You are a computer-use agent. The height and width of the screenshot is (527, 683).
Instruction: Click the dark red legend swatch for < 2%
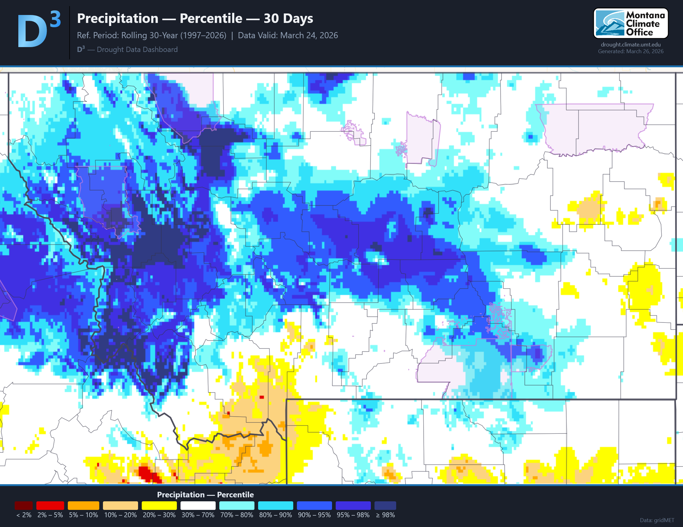[24, 505]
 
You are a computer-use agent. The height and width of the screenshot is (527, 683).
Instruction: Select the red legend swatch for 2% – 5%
[50, 505]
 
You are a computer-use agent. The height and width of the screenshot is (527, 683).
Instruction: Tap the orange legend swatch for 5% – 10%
[83, 505]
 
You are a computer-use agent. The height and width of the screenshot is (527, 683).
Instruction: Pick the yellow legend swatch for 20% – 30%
[159, 505]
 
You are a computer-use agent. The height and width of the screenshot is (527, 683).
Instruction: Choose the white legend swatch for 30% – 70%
[198, 505]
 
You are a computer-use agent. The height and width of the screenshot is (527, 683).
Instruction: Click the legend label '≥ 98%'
[385, 515]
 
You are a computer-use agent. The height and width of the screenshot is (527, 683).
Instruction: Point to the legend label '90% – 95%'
[314, 515]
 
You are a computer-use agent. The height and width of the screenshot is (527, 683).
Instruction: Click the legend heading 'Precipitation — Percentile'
[205, 495]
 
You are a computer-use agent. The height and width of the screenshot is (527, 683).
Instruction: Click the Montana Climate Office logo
[630, 24]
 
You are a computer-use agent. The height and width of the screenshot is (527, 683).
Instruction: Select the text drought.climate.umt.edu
[630, 45]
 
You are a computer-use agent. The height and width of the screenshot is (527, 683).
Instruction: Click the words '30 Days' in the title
[288, 18]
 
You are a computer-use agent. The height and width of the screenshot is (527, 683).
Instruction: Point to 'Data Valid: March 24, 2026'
[288, 35]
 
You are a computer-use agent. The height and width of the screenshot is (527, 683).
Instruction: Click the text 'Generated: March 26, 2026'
[630, 51]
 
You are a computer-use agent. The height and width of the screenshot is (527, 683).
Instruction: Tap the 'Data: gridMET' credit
[657, 520]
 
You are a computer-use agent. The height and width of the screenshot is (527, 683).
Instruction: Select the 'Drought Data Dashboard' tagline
[137, 50]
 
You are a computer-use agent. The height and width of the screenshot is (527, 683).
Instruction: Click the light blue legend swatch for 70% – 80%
[237, 505]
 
